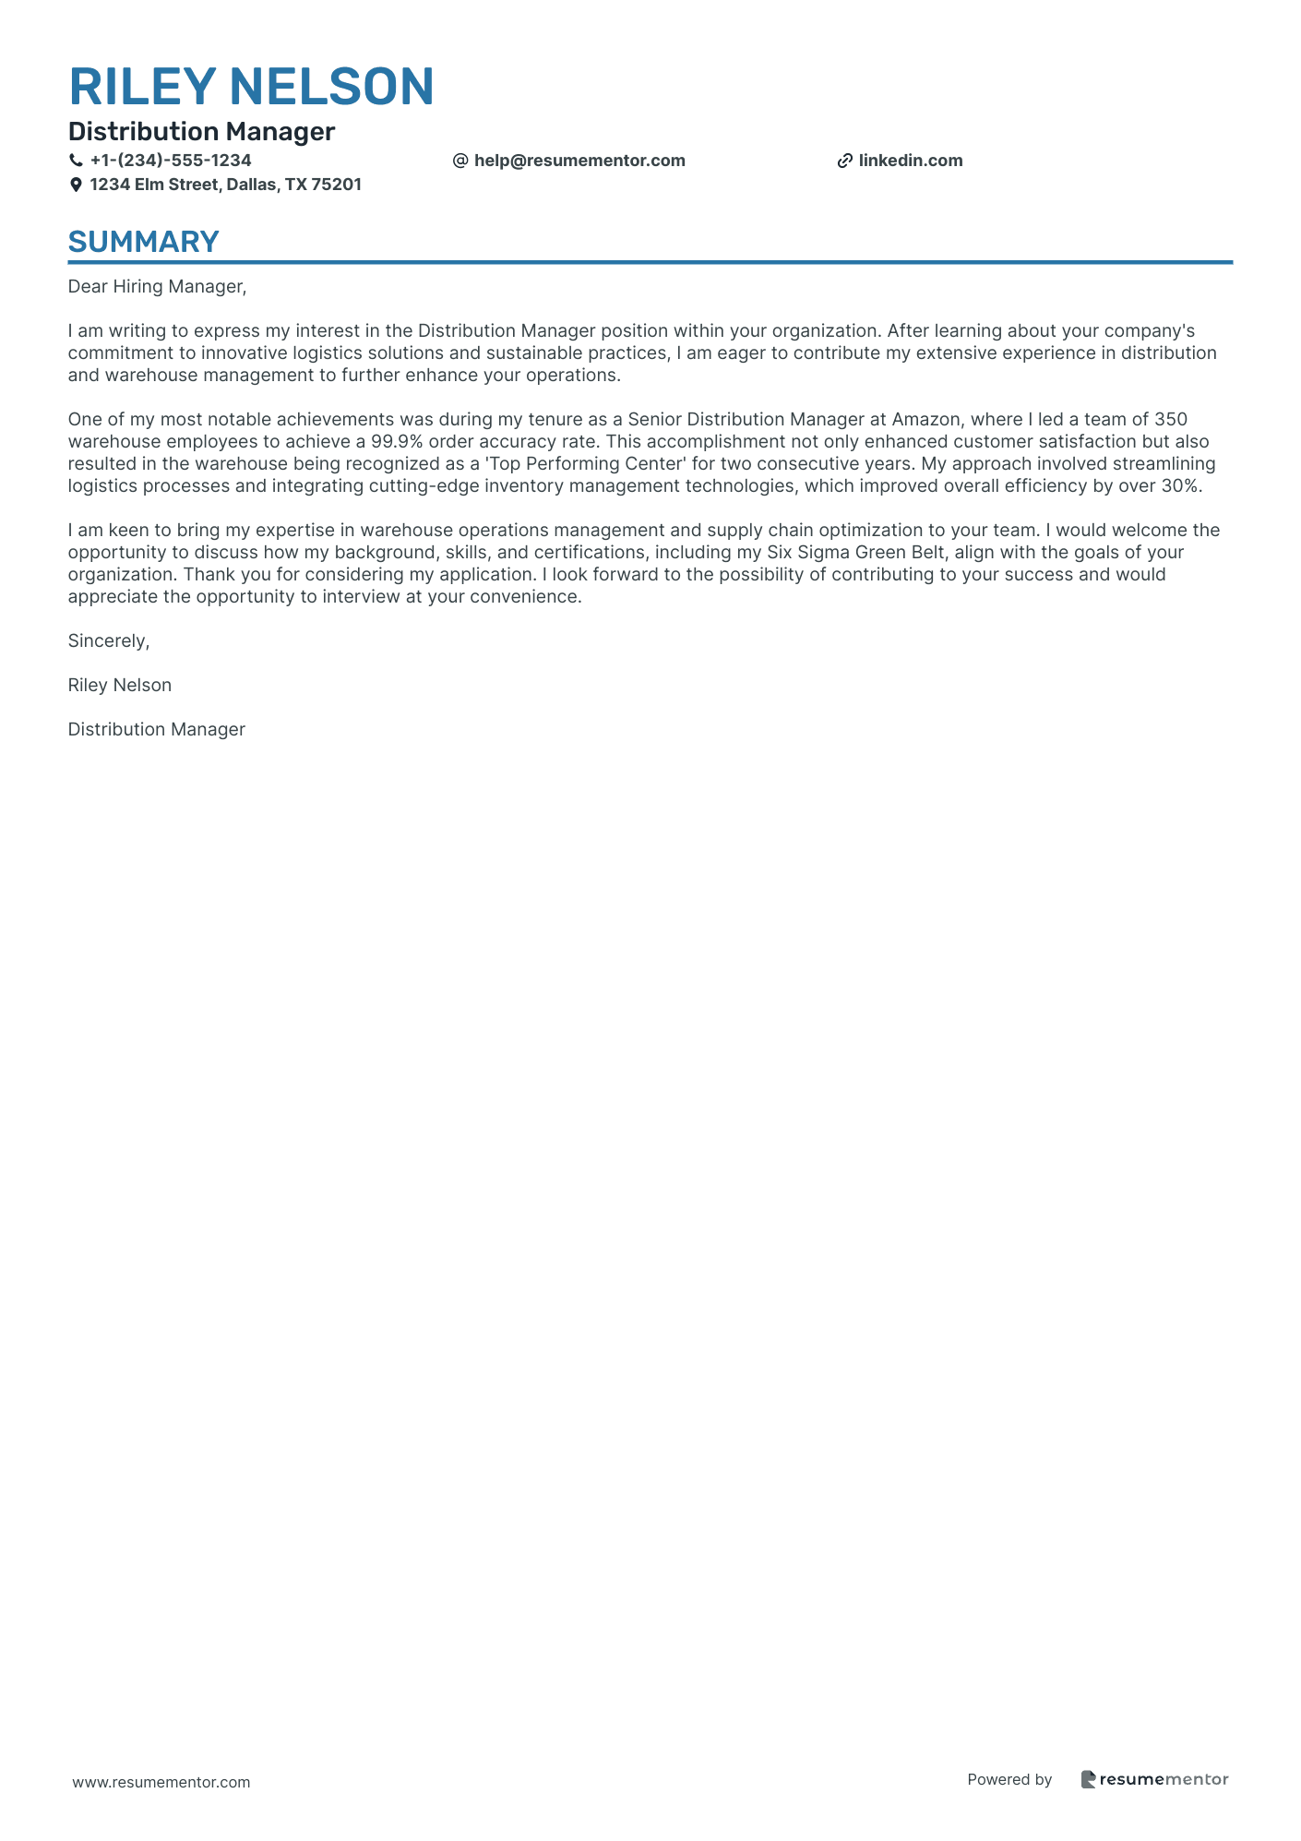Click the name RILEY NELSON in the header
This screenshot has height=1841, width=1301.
(x=251, y=87)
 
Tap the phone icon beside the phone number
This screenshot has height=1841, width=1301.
(x=76, y=161)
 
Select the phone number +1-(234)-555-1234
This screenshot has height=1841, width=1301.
(x=171, y=161)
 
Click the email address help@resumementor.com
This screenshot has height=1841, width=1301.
(x=579, y=161)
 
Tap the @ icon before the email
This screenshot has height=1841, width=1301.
(x=460, y=161)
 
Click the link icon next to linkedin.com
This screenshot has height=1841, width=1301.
(x=844, y=161)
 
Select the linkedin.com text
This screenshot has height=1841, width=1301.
(x=911, y=161)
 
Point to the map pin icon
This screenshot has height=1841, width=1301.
(x=76, y=185)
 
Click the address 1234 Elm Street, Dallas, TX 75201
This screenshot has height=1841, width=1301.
(x=225, y=185)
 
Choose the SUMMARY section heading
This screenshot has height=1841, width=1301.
(x=144, y=242)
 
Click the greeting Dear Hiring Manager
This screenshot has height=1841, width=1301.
(x=157, y=287)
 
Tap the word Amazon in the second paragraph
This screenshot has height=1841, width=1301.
(x=925, y=420)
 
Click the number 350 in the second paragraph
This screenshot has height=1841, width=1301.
(x=1171, y=420)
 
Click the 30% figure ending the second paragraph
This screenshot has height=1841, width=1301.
(x=1181, y=486)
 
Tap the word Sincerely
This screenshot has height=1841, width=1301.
(x=108, y=641)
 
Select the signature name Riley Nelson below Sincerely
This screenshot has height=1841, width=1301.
(x=120, y=686)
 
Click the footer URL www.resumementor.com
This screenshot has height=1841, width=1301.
(x=161, y=1782)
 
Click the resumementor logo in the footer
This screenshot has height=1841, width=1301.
(x=1154, y=1779)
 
